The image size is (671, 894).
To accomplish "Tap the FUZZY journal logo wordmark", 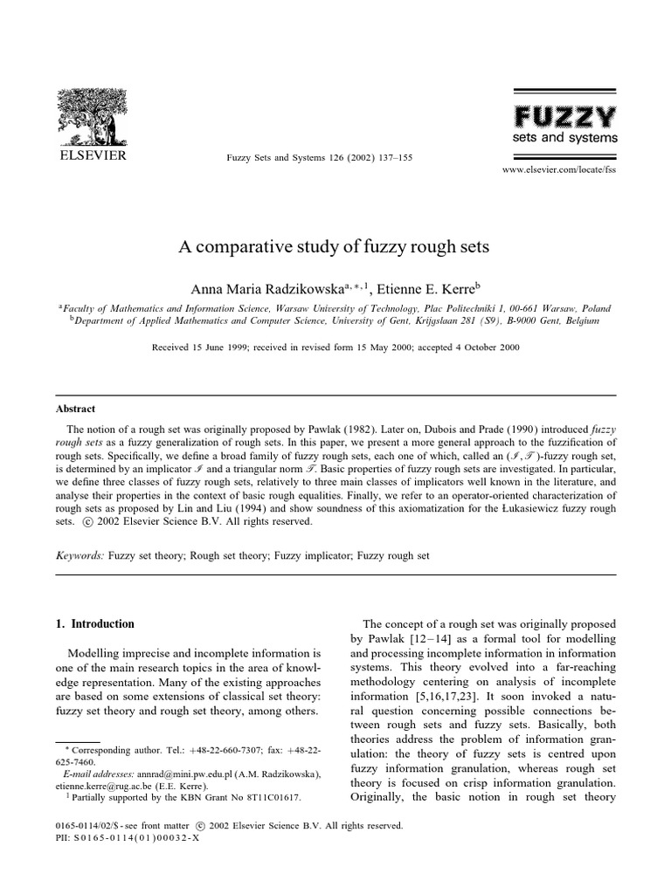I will pyautogui.click(x=564, y=116).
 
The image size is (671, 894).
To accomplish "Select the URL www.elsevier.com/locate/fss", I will pyautogui.click(x=559, y=170).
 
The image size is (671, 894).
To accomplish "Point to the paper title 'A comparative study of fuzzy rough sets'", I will pyautogui.click(x=335, y=247).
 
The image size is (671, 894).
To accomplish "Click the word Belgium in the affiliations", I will pyautogui.click(x=580, y=320).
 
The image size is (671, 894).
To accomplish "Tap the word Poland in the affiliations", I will pyautogui.click(x=594, y=308).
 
